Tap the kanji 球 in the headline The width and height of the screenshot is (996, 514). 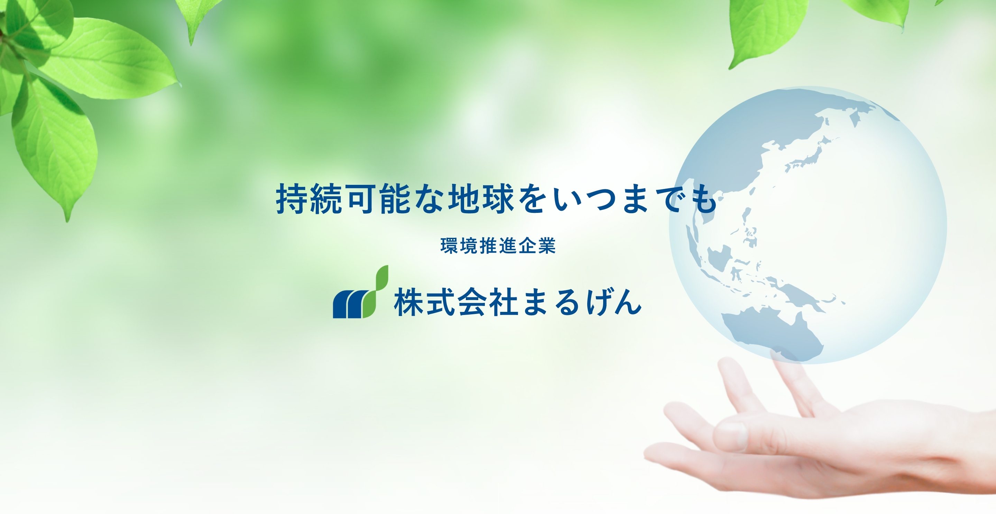pyautogui.click(x=498, y=199)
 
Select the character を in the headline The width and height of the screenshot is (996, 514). pyautogui.click(x=533, y=199)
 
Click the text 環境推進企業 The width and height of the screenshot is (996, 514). pyautogui.click(x=498, y=246)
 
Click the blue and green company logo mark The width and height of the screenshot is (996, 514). pyautogui.click(x=360, y=292)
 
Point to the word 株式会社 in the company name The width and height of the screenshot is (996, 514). pyautogui.click(x=456, y=302)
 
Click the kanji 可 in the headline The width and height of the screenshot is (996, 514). pyautogui.click(x=360, y=199)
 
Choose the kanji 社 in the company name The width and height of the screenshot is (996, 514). pyautogui.click(x=504, y=302)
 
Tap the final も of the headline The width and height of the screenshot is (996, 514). pyautogui.click(x=705, y=199)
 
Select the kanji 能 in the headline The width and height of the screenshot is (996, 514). pyautogui.click(x=395, y=199)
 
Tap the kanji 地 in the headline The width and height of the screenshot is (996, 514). pyautogui.click(x=464, y=199)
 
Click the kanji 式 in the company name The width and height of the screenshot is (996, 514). pyautogui.click(x=440, y=302)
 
